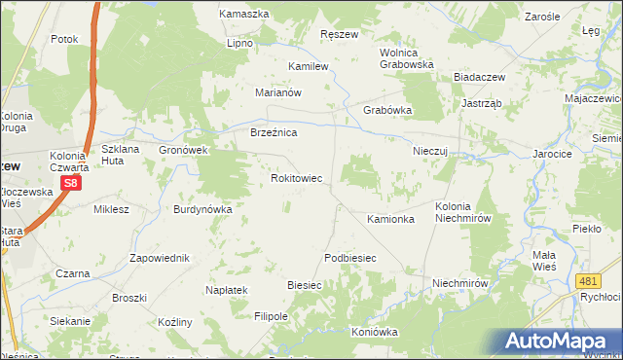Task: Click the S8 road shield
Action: coord(70,183)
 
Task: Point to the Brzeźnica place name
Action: coord(274,132)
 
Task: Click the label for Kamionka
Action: coord(390,220)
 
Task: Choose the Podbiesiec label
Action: coord(349,257)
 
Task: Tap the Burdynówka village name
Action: coord(202,209)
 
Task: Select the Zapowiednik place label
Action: coord(160,258)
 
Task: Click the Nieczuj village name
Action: coord(429,152)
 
